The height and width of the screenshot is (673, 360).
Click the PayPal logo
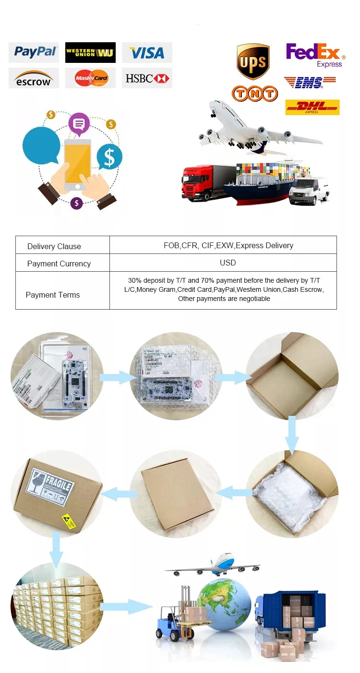click(34, 52)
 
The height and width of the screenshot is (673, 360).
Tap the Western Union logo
click(90, 52)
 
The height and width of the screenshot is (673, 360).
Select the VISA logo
click(147, 52)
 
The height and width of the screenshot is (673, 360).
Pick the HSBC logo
click(147, 78)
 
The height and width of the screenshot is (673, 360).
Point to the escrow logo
click(34, 78)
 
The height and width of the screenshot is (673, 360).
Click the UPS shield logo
click(253, 61)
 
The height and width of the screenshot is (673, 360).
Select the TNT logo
click(255, 93)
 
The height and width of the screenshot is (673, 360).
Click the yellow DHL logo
click(312, 107)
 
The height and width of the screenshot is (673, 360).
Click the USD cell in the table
click(228, 263)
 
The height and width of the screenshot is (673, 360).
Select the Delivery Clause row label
click(54, 246)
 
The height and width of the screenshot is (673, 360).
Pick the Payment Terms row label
click(53, 295)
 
